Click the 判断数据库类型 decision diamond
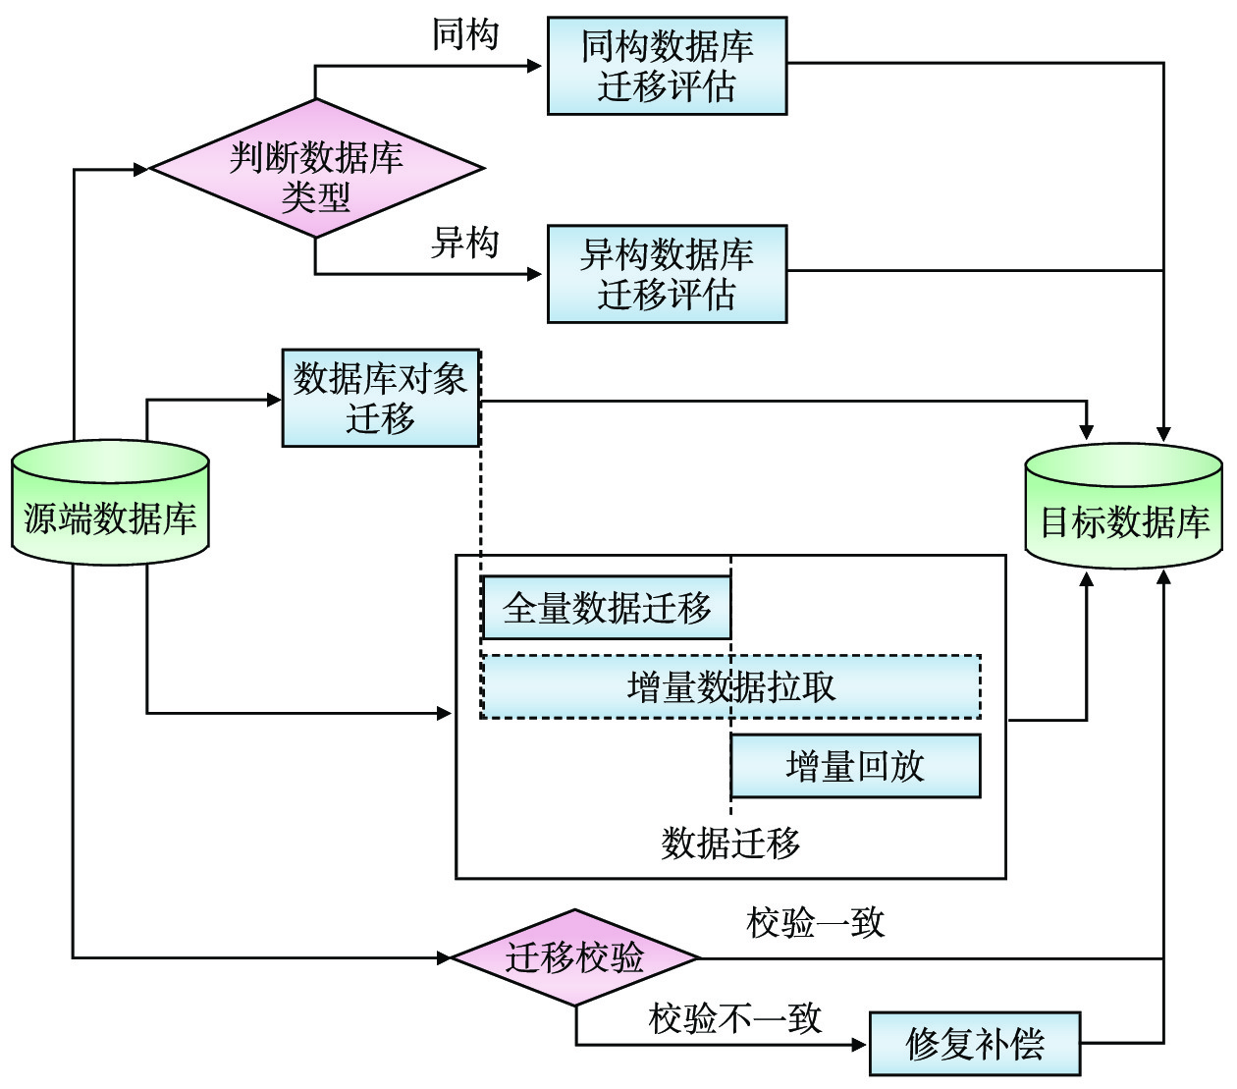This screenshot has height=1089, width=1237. (316, 169)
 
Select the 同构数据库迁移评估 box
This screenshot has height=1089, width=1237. (667, 66)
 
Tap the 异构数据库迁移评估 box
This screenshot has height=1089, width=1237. (667, 274)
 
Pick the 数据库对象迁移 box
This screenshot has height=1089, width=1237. (381, 398)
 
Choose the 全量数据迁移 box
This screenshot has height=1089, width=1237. (606, 608)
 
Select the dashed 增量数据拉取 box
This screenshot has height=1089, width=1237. (730, 686)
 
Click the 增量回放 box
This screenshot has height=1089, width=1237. (855, 766)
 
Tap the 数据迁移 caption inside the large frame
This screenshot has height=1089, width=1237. (730, 843)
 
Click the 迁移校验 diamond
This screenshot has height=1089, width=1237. (575, 956)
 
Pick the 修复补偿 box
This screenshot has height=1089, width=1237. (975, 1044)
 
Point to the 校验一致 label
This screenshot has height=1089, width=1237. (815, 922)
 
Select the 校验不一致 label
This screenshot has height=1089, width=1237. (734, 1018)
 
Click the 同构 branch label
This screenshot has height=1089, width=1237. (465, 35)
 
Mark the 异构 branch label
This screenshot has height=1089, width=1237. (465, 243)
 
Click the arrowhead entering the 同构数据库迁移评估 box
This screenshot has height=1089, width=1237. (536, 66)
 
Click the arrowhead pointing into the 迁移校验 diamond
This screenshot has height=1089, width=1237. (444, 956)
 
